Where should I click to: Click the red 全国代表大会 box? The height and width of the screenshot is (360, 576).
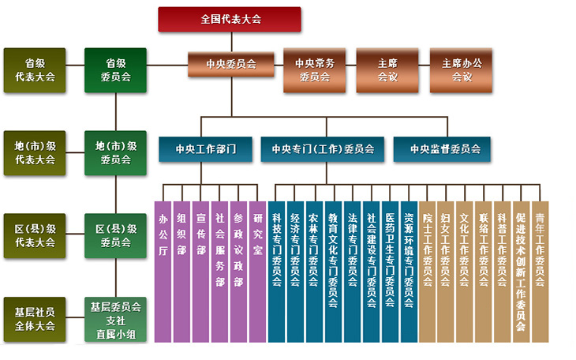[x=230, y=19]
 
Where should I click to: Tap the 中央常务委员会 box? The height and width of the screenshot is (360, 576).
[x=315, y=69]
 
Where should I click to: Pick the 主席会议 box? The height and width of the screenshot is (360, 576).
[x=387, y=69]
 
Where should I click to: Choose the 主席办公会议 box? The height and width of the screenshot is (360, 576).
[x=461, y=69]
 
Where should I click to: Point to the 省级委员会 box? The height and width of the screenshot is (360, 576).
[x=116, y=69]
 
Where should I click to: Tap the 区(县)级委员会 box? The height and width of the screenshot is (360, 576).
[x=116, y=235]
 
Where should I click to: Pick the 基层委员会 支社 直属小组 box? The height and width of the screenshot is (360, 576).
[x=116, y=319]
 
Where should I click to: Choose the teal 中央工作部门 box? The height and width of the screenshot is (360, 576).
[x=205, y=148]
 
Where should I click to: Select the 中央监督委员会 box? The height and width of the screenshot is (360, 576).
[x=442, y=148]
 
